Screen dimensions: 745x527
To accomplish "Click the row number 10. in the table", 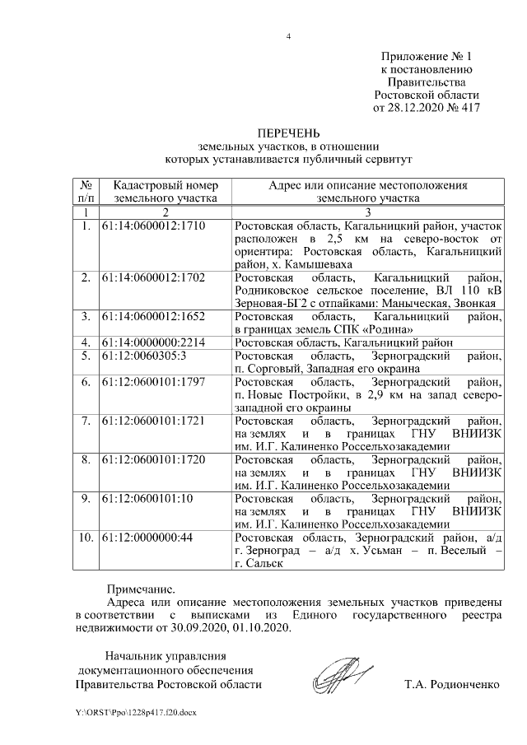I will coord(86,537).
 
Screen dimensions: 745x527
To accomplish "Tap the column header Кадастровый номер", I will coord(166,186).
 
